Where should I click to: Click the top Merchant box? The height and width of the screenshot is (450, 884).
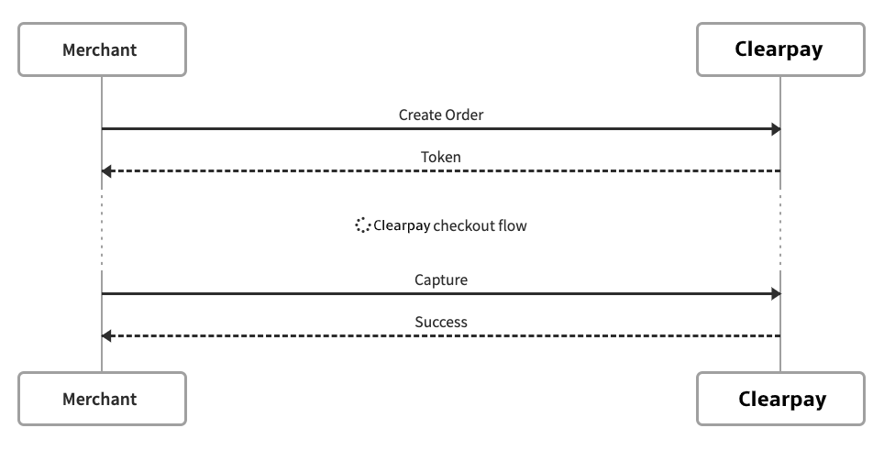point(102,49)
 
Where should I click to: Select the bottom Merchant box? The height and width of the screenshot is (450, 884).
point(102,399)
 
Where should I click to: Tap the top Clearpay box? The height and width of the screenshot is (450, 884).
point(779,49)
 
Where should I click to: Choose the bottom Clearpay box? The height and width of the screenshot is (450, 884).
point(779,399)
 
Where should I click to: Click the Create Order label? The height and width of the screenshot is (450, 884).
point(440,115)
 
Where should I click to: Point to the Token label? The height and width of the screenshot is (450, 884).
point(440,158)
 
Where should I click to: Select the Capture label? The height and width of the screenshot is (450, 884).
point(440,280)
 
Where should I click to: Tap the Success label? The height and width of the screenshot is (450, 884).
point(440,323)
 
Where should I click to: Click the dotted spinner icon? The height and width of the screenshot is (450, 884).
point(362,225)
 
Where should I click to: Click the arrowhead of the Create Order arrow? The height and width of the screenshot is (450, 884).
point(775,129)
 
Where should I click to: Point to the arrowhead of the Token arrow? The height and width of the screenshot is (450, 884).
point(107,171)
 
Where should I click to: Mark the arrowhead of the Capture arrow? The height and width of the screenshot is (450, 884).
point(775,294)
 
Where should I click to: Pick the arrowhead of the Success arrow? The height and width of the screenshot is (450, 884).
point(107,336)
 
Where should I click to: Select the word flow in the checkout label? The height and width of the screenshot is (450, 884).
point(512,225)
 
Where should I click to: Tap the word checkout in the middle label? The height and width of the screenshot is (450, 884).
point(463,225)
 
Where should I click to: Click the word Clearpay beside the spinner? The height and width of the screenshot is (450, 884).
point(402,225)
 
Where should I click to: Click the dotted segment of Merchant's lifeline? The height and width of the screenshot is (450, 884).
point(102,229)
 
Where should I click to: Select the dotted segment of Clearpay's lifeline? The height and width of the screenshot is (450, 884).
point(780,229)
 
